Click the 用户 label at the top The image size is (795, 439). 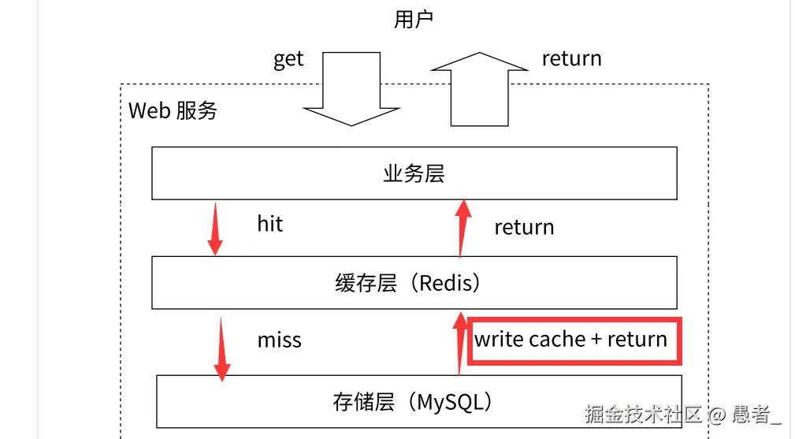click(414, 20)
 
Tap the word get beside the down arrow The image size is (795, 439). click(288, 59)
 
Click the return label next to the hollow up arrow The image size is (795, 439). click(571, 59)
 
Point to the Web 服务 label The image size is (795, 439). click(173, 110)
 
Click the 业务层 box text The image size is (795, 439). click(414, 173)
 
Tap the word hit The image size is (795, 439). click(269, 225)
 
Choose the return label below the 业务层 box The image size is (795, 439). click(524, 228)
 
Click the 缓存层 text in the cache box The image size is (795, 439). click(366, 283)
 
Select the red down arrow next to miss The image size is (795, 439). click(221, 347)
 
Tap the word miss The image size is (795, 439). click(279, 340)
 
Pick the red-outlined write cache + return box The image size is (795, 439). click(574, 340)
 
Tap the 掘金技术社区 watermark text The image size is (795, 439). click(643, 414)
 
